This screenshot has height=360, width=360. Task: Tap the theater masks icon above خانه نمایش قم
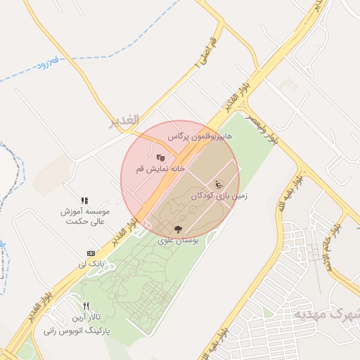[160, 157]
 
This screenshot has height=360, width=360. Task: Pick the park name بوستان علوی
[179, 240]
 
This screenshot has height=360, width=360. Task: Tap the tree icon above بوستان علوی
[179, 229]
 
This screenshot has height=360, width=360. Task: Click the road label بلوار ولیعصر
[261, 129]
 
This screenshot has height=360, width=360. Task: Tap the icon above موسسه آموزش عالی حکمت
[84, 200]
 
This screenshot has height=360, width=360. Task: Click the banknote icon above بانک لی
[91, 253]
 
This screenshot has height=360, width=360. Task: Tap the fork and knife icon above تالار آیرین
[86, 307]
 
